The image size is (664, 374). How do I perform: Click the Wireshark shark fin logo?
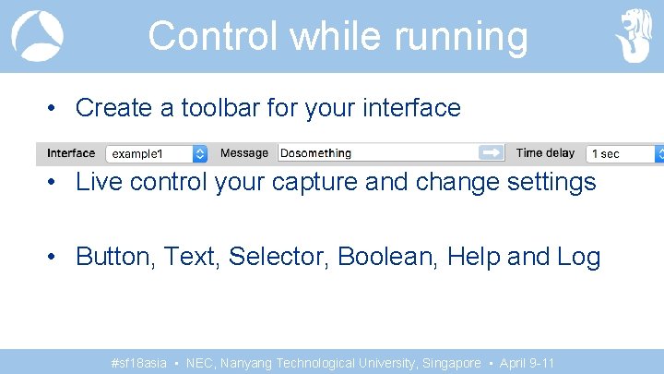[x=37, y=36]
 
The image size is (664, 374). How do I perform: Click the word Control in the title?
[x=213, y=36]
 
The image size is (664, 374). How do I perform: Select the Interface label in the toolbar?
[x=71, y=153]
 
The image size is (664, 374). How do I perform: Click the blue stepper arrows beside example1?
[x=200, y=153]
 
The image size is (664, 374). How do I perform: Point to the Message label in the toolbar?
[x=244, y=153]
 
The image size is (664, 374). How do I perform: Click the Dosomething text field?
[x=378, y=153]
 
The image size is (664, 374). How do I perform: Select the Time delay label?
[x=545, y=153]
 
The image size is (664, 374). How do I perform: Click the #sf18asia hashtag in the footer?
[x=138, y=363]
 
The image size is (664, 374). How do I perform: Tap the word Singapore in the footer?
[x=451, y=363]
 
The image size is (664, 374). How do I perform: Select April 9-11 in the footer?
[x=528, y=363]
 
